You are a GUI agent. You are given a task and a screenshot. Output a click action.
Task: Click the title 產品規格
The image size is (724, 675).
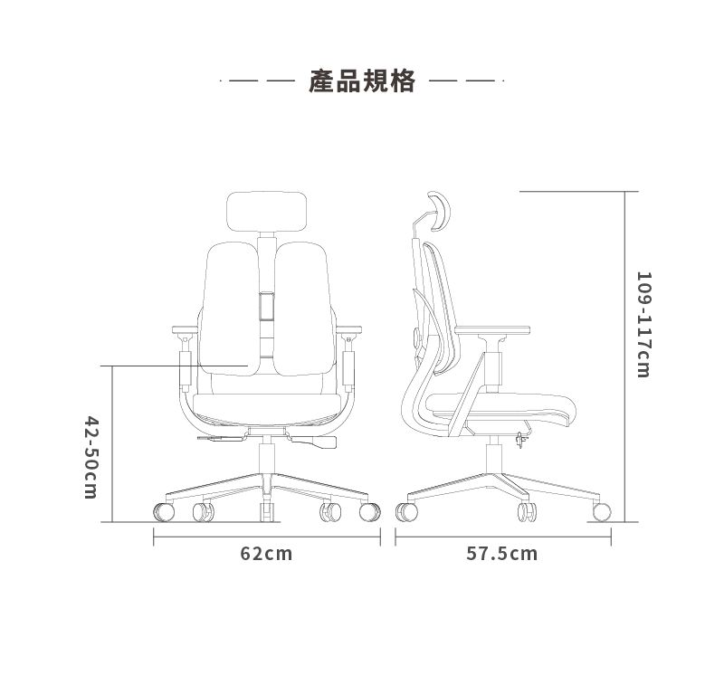(x=362, y=81)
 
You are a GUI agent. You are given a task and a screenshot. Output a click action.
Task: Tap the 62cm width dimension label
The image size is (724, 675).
(x=266, y=554)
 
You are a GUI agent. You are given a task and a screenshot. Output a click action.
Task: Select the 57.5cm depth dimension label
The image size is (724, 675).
(x=502, y=554)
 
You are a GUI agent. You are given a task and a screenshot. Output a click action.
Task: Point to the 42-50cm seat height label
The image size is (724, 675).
(x=91, y=458)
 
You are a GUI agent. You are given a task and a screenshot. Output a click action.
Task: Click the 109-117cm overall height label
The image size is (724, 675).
(x=643, y=325)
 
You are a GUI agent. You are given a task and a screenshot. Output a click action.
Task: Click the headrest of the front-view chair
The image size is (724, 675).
(x=267, y=212)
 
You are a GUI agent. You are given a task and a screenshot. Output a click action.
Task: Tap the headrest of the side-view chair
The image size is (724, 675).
(x=439, y=211)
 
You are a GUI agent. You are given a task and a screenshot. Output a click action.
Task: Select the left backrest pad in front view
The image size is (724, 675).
(x=229, y=309)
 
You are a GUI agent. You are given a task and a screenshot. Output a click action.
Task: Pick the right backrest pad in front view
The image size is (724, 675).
(x=303, y=309)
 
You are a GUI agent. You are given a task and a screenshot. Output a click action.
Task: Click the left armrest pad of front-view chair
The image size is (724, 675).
(x=186, y=329)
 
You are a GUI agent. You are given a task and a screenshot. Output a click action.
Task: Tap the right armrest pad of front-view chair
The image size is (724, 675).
(x=348, y=329)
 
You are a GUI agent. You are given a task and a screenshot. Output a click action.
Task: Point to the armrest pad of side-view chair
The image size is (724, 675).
(x=492, y=330)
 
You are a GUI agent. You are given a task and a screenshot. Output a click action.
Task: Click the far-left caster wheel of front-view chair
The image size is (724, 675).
(x=164, y=512)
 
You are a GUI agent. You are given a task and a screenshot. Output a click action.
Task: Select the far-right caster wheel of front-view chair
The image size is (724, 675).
(x=370, y=512)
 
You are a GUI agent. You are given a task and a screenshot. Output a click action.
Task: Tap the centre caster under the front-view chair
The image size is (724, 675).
(x=267, y=512)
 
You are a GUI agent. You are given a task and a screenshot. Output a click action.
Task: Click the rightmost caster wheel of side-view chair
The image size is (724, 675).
(x=602, y=512)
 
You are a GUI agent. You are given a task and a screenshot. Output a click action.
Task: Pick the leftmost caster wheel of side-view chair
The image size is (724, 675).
(x=406, y=512)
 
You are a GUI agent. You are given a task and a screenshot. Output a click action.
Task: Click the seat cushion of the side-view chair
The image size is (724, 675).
(x=501, y=406)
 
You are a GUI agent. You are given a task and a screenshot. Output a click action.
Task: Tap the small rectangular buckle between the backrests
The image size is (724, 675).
(x=266, y=307)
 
